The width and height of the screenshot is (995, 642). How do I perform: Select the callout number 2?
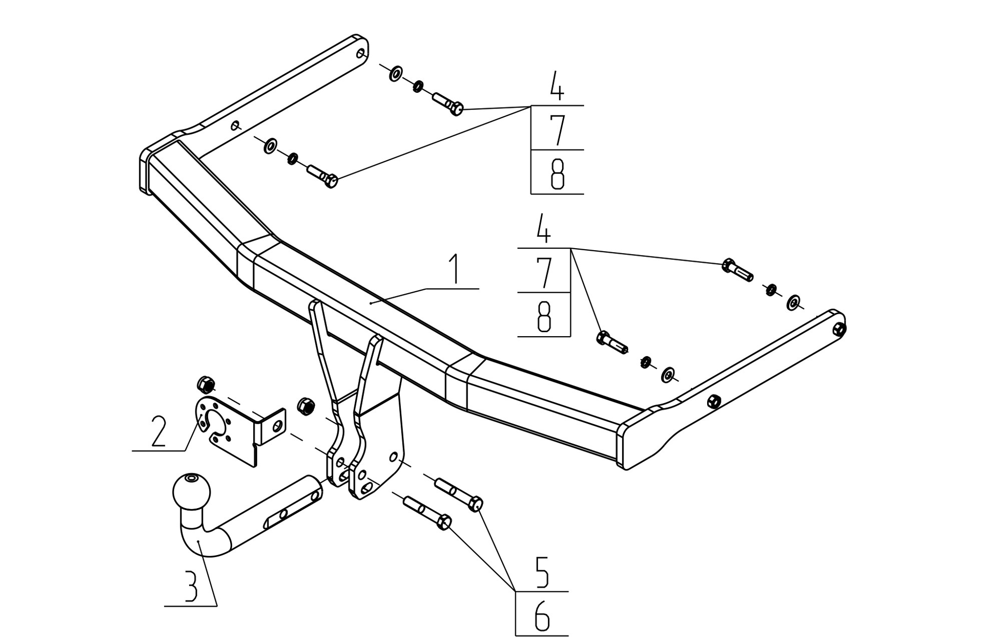158,431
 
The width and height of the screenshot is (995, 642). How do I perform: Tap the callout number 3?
190,587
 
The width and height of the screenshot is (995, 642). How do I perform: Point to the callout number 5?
542,572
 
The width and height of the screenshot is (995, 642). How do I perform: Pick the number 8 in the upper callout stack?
558,174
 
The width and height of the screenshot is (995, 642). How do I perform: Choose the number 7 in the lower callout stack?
544,273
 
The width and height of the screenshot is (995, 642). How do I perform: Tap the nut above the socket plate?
206,385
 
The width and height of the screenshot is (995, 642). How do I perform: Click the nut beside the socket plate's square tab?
306,406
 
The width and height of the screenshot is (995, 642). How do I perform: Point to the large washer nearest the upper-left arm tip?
396,73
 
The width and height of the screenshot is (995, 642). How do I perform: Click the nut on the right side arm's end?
839,329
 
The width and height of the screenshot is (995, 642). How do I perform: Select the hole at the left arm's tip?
361,53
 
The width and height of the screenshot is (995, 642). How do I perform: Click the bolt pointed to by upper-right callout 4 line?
737,270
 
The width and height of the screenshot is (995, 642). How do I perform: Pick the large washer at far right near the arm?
794,303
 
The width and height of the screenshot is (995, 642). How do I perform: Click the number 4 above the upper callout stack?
557,86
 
